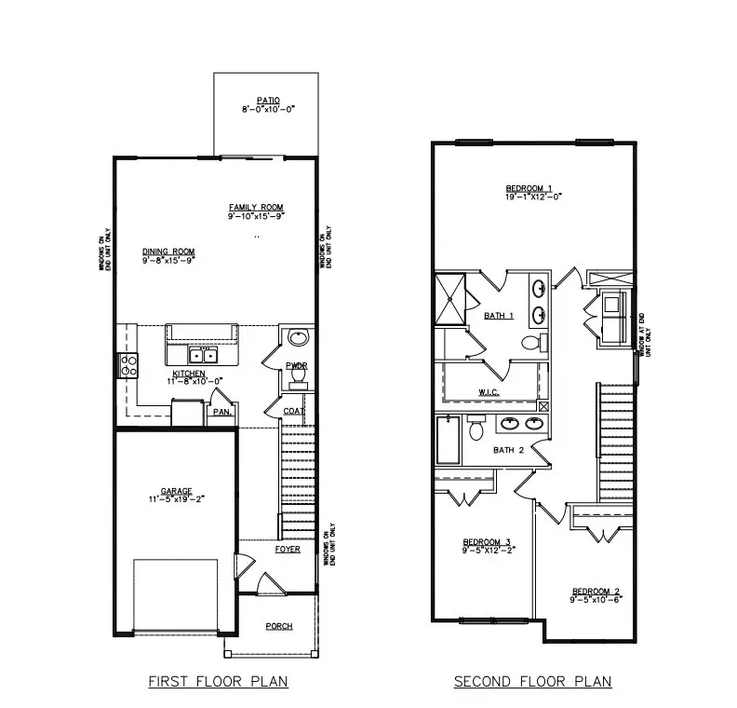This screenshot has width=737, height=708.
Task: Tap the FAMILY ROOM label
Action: [256, 207]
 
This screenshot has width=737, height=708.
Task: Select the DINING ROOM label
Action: [168, 251]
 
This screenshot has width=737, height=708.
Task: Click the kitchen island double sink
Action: [201, 355]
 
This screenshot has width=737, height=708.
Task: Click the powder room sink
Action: [298, 337]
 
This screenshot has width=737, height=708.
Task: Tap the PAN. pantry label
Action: [221, 411]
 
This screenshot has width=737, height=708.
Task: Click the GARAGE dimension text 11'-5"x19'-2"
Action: [175, 498]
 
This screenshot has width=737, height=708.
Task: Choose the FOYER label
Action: [288, 549]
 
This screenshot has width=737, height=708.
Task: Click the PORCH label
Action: [279, 626]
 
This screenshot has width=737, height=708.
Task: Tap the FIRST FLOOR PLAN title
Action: [219, 682]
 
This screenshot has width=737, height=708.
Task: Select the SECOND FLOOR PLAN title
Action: [532, 682]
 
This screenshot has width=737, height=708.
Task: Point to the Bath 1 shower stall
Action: [452, 298]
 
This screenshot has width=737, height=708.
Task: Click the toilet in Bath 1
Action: [530, 342]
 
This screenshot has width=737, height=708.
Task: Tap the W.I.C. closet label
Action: [489, 392]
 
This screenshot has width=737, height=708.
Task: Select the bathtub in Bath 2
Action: [449, 441]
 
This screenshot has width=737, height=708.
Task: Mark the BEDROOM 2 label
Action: [596, 592]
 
